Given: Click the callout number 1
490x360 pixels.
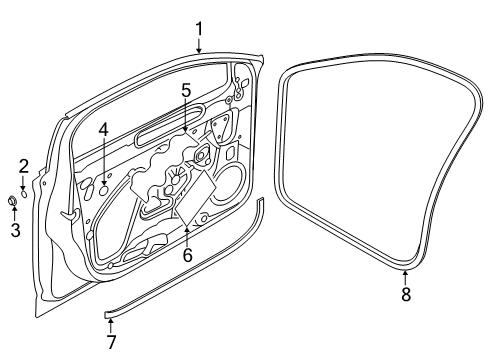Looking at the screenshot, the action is pyautogui.click(x=199, y=29).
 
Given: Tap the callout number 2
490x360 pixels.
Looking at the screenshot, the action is pyautogui.click(x=24, y=167).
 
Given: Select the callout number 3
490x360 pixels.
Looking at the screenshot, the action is pyautogui.click(x=16, y=230).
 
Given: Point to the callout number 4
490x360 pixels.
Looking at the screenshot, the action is pyautogui.click(x=104, y=130).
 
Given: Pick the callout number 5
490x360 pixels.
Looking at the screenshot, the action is pyautogui.click(x=186, y=90).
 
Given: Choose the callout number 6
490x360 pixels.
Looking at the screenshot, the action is pyautogui.click(x=187, y=255).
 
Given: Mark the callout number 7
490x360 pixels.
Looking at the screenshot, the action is pyautogui.click(x=111, y=342).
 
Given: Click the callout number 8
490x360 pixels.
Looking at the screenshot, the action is pyautogui.click(x=406, y=294).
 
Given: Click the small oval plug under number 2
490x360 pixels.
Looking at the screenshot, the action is pyautogui.click(x=24, y=194).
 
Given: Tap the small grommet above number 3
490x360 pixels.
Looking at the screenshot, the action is pyautogui.click(x=12, y=201).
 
